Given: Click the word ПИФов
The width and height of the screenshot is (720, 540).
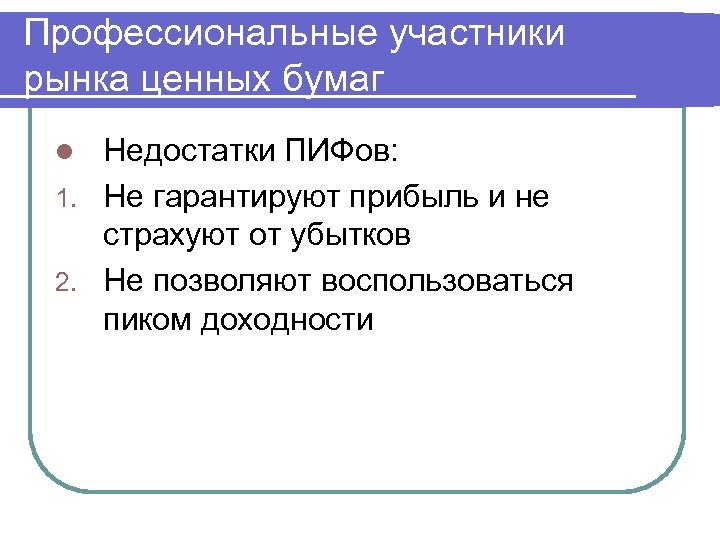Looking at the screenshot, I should click(341, 154).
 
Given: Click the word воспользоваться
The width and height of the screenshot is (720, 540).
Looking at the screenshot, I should click(448, 280).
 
